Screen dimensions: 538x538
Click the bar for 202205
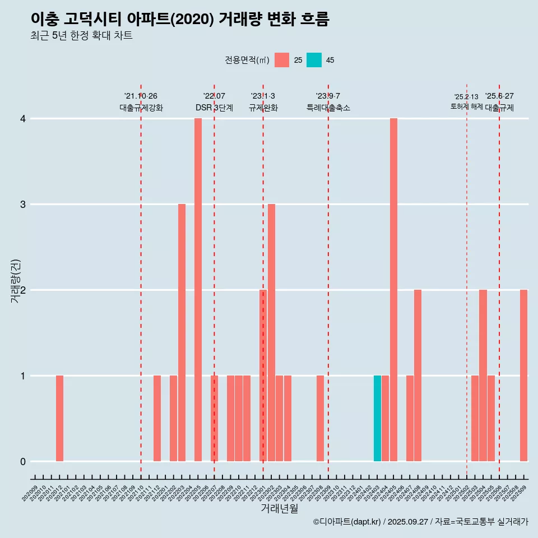(x=198, y=290)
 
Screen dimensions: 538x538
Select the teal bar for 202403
(x=377, y=418)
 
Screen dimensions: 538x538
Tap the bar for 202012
(x=59, y=418)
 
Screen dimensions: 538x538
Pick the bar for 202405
(x=393, y=290)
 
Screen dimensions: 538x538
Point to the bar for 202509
(x=523, y=375)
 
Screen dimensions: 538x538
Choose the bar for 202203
(x=182, y=332)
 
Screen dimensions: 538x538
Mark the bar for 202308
(x=320, y=418)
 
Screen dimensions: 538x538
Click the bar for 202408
(x=418, y=375)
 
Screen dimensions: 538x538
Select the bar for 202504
(x=483, y=375)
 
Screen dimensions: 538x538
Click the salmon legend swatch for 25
(x=282, y=60)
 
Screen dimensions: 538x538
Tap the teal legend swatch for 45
(x=314, y=60)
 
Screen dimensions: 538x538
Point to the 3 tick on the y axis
(x=23, y=205)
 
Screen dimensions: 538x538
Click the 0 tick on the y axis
(x=23, y=461)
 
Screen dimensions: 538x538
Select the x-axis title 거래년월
(x=279, y=509)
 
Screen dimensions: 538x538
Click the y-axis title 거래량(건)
(x=15, y=281)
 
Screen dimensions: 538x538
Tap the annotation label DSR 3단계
(x=214, y=108)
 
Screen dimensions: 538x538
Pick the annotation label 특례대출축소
(x=328, y=108)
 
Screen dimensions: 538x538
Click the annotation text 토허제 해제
(x=466, y=106)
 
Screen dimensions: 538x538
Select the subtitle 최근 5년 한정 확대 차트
(x=81, y=36)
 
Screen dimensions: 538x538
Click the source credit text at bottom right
(x=420, y=522)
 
